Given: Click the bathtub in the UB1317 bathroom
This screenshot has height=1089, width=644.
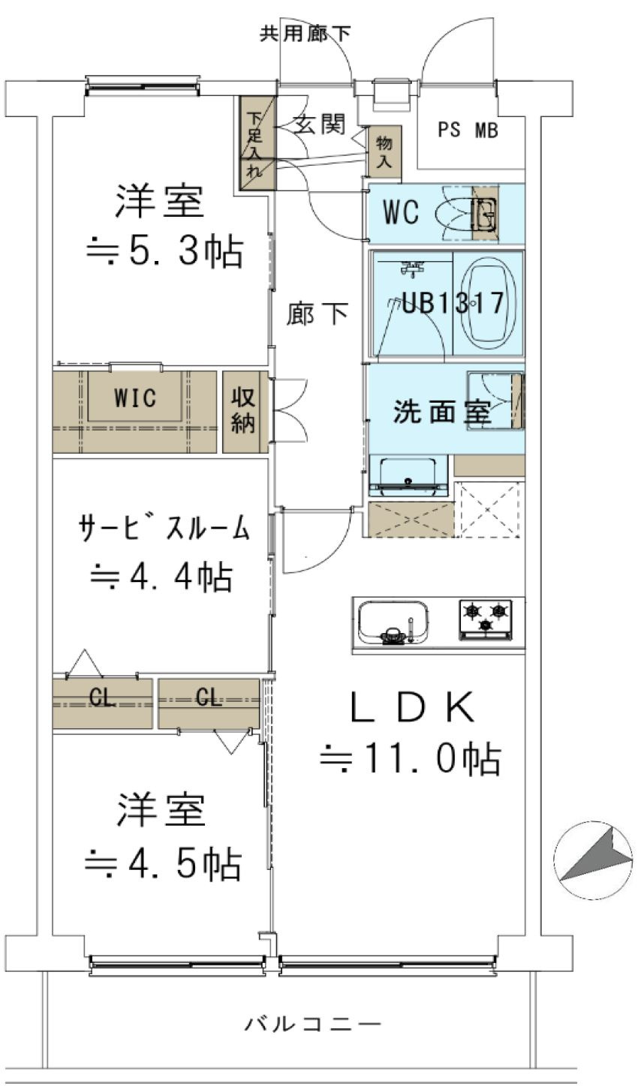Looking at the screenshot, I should pos(489,303).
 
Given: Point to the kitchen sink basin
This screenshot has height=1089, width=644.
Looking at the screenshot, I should pos(393,622).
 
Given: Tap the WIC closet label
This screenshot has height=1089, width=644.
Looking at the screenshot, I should pos(135,398).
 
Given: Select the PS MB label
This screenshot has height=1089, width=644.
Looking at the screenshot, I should pos(468,130).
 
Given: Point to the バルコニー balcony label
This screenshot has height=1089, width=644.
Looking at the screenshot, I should pos(313,1023).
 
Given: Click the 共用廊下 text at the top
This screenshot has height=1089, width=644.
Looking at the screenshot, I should pos(305,34).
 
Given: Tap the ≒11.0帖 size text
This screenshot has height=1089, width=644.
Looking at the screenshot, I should pos(411,760).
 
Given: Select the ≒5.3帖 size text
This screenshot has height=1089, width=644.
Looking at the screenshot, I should pos(163,252).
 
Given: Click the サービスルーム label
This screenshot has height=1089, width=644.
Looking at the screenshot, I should pos(163,529).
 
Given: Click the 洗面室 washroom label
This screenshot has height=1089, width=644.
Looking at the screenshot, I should pos(443,412).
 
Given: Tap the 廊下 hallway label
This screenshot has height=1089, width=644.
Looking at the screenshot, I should pos(317,315).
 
